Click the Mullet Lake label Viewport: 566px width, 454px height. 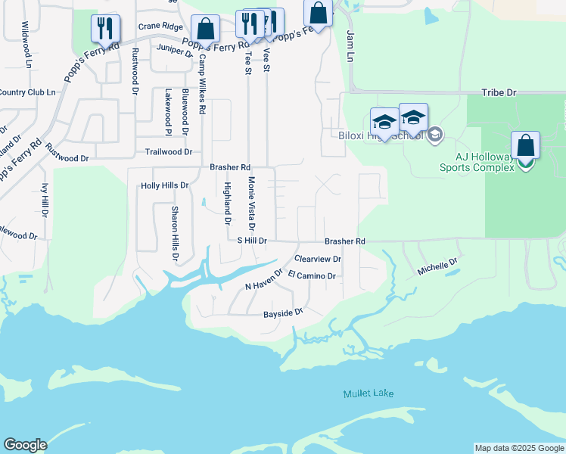[369, 393]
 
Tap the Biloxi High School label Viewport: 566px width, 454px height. [380, 136]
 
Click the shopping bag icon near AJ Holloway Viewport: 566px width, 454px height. [525, 147]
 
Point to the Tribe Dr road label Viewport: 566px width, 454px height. [499, 92]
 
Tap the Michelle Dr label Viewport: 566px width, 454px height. [438, 266]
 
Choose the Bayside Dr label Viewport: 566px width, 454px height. [283, 313]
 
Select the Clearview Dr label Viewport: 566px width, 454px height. [319, 259]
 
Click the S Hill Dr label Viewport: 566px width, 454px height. [252, 241]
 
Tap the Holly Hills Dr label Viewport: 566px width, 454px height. [164, 185]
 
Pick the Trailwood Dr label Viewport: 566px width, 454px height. [168, 152]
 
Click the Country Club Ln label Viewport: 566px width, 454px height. [28, 92]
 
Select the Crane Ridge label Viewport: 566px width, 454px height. [160, 26]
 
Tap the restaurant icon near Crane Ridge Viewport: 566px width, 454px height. [105, 29]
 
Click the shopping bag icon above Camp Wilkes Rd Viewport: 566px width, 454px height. [205, 30]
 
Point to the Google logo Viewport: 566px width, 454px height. [25, 445]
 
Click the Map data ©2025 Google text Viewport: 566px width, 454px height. [518, 448]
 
